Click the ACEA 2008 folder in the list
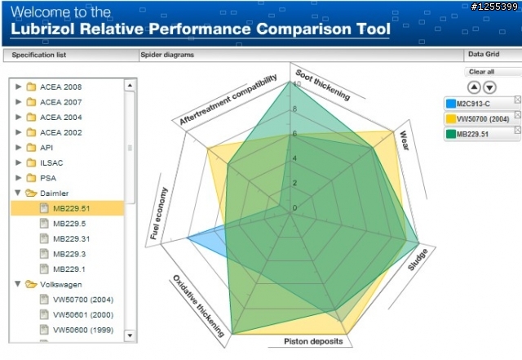(x=60, y=87)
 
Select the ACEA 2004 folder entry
(x=60, y=117)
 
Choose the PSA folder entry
(x=49, y=177)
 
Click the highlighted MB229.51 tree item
(x=71, y=208)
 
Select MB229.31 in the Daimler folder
(x=71, y=238)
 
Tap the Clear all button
(x=481, y=72)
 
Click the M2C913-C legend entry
(x=477, y=104)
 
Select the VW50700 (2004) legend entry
(x=482, y=119)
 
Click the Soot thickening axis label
(x=322, y=84)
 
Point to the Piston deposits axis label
(x=313, y=341)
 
